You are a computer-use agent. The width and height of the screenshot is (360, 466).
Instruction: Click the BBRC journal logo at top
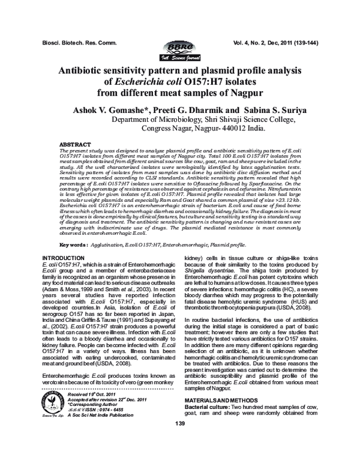[x=178, y=51]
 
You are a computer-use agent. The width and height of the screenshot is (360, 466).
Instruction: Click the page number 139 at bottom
[x=179, y=441]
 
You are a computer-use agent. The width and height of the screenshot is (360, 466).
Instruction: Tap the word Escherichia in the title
[x=146, y=83]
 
